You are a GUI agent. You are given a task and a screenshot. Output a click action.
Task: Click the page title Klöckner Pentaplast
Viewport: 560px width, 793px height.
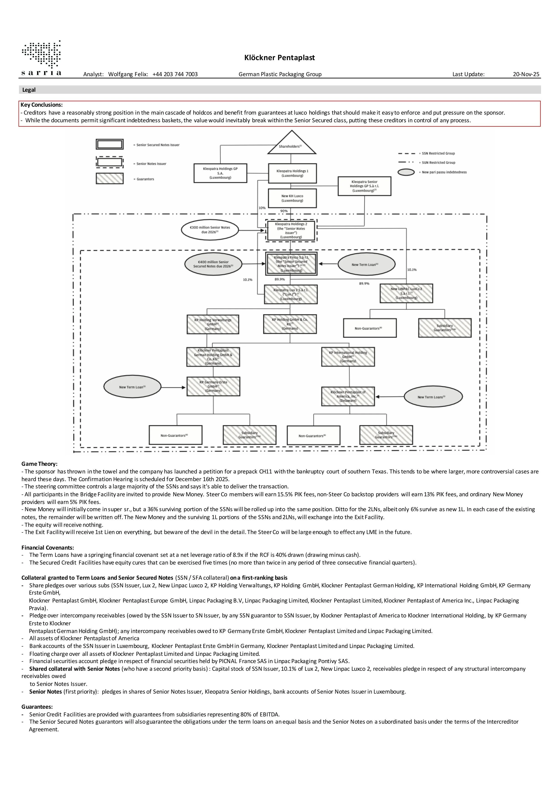pos(280,58)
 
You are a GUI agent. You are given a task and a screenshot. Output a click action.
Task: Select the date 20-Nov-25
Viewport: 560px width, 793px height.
pos(526,74)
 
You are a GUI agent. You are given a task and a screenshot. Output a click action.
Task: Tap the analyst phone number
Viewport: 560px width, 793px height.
pos(175,74)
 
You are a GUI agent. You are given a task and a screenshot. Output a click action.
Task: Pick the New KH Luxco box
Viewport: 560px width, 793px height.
pos(292,198)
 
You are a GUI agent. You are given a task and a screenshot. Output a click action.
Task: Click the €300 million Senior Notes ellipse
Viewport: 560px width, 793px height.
pos(210,230)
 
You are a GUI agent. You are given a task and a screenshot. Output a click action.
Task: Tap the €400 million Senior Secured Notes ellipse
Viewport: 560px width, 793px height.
pos(213,264)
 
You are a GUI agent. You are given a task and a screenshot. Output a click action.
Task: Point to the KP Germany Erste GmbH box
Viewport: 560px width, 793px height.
pos(213,386)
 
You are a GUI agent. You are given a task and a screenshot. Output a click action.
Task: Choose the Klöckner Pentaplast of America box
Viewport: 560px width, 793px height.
pos(348,396)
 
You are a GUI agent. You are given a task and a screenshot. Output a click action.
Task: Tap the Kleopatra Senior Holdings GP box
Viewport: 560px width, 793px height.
pos(364,186)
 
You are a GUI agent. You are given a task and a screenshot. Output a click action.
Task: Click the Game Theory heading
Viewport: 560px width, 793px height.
pos(39,464)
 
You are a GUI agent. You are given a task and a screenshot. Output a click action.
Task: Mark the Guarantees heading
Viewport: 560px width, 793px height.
pos(37,707)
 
